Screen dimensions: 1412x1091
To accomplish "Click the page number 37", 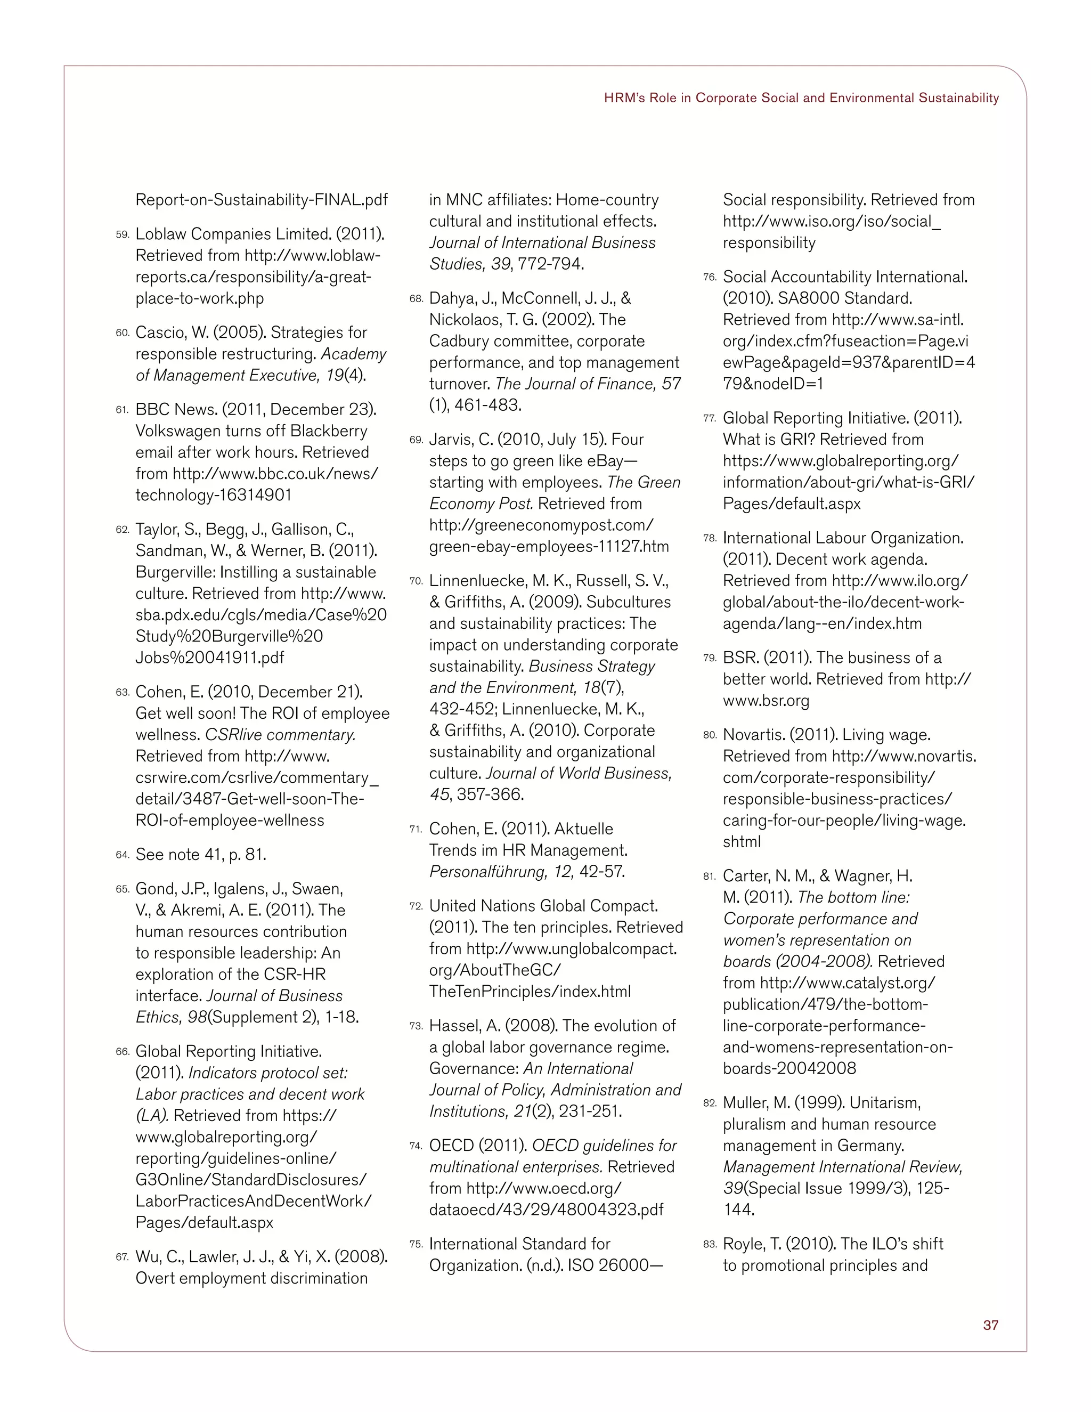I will tap(990, 1325).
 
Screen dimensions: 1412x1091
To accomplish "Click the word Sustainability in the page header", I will tap(958, 98).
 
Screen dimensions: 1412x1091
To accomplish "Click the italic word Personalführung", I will tap(488, 872).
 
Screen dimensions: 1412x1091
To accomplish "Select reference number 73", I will tap(416, 1027).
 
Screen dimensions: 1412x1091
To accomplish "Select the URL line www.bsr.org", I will tap(766, 701).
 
